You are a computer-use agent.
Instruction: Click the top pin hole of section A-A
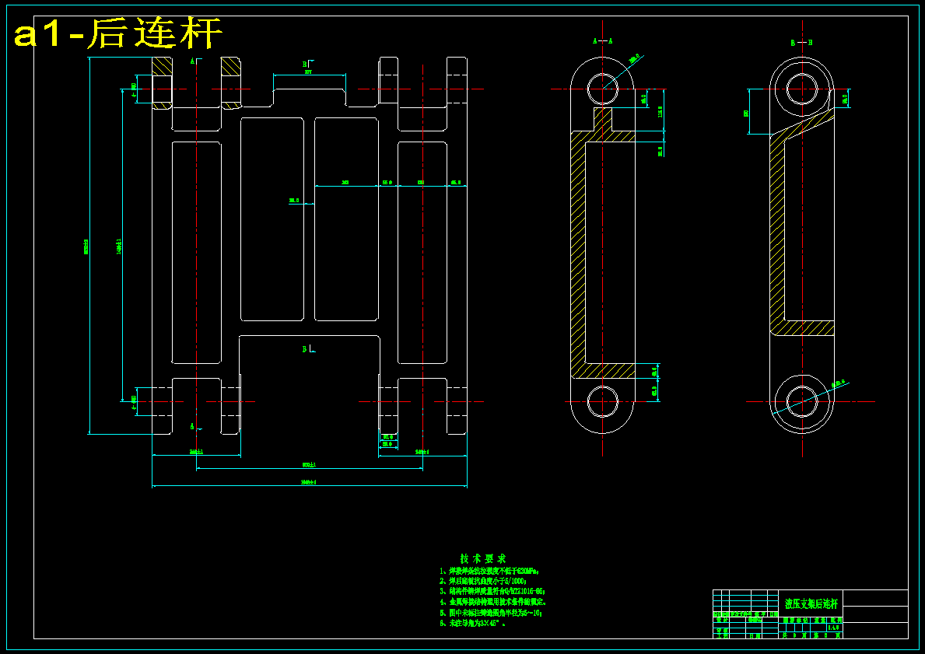[x=602, y=88]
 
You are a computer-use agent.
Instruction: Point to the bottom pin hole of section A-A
[x=602, y=401]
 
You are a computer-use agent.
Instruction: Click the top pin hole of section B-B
[x=802, y=88]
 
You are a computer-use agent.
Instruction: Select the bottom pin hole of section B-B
[x=802, y=401]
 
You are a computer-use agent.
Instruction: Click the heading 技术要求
[x=483, y=558]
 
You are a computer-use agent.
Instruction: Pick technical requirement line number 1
[x=489, y=571]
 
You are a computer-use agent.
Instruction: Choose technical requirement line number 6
[x=474, y=623]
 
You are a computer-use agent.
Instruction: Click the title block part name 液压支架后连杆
[x=811, y=603]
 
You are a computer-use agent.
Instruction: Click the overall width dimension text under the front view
[x=310, y=483]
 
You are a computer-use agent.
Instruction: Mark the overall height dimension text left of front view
[x=86, y=247]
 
